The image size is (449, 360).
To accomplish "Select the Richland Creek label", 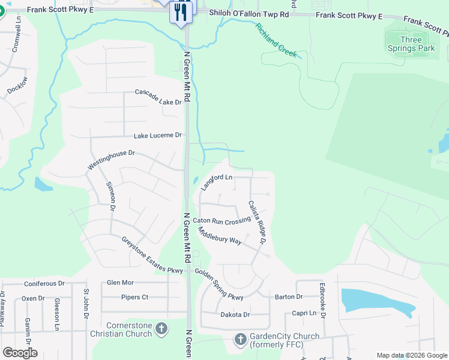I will click(276, 40).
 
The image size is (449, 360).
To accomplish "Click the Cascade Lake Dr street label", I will click(158, 97).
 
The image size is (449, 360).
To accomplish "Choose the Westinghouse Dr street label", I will click(112, 160).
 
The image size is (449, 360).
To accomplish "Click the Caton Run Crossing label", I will click(221, 221).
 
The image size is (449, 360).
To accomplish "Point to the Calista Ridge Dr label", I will click(258, 222).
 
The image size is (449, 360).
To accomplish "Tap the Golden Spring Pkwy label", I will click(218, 284).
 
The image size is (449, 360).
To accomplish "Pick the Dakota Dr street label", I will click(235, 314).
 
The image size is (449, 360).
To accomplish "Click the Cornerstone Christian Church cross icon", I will click(161, 328).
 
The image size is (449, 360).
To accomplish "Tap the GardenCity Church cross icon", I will click(240, 340).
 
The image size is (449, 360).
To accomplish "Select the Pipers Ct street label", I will click(134, 297).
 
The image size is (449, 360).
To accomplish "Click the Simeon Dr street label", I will click(110, 197).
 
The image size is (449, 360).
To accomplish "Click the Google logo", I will click(20, 353).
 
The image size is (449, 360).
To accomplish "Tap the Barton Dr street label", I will click(289, 297).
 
